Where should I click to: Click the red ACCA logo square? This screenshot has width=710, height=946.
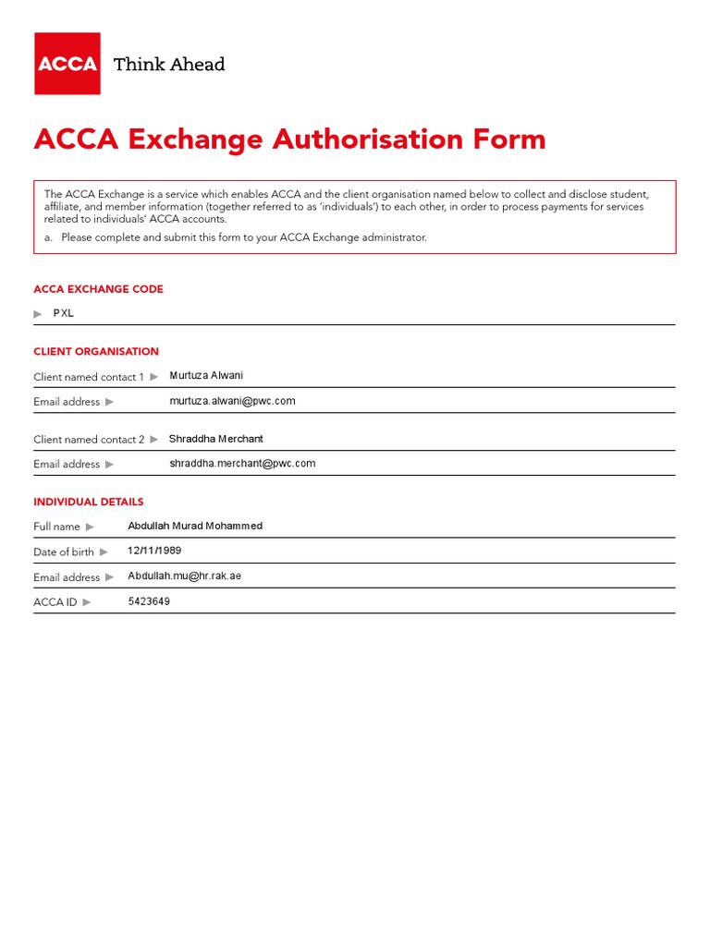tap(67, 64)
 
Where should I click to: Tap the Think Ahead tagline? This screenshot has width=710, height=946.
tap(168, 65)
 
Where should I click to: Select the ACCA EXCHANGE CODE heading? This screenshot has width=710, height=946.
tap(98, 289)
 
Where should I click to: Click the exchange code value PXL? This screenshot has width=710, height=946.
tap(63, 313)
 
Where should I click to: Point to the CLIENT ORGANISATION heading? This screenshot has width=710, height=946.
tap(96, 352)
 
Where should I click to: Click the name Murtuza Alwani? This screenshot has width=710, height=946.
tap(206, 376)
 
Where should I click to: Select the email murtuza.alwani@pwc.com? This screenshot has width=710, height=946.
tap(232, 401)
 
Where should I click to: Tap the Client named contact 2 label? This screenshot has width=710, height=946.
tap(89, 440)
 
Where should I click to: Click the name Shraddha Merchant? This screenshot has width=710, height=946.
tap(215, 439)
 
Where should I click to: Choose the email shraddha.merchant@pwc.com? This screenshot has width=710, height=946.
tap(242, 464)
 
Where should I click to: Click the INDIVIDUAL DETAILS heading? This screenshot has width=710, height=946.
tap(89, 503)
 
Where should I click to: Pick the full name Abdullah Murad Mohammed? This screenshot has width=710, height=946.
tap(195, 526)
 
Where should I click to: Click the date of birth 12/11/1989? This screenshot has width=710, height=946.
tap(154, 551)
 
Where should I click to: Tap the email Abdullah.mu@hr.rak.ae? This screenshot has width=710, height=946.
tap(184, 576)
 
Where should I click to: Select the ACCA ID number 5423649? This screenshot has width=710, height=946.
tap(149, 601)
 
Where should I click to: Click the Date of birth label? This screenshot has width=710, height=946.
tap(64, 552)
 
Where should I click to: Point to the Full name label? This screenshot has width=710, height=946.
tap(56, 527)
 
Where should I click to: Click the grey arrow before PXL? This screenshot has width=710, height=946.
tap(38, 314)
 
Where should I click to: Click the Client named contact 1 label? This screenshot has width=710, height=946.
tap(89, 377)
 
